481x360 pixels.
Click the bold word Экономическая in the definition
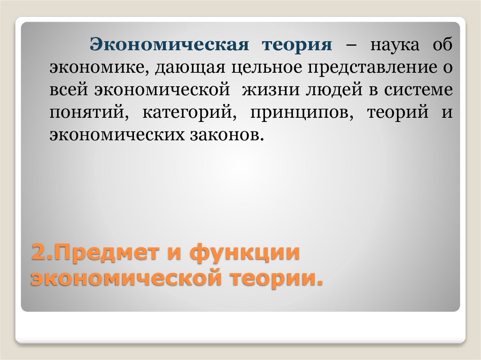[x=170, y=46]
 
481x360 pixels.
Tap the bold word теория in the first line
[x=297, y=46]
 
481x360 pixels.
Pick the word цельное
[x=266, y=68]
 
